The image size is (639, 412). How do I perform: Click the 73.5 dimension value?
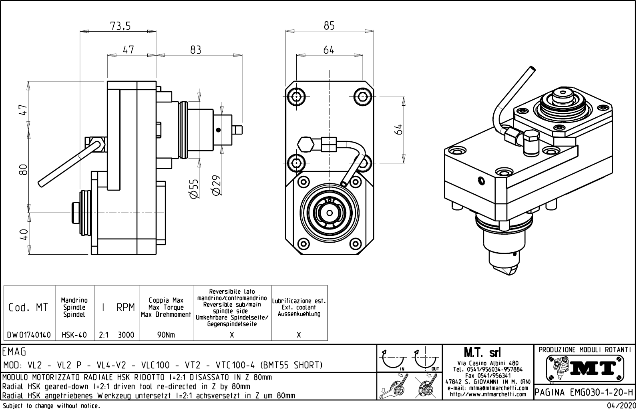coord(120,26)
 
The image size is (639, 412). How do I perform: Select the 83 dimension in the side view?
coord(195,50)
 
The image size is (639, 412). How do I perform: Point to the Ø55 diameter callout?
coord(193,189)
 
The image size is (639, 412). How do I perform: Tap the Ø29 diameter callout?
coord(216,185)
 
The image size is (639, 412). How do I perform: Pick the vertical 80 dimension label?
coord(24,170)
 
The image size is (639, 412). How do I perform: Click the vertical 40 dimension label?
coord(24,234)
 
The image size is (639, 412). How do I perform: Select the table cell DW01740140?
coord(29,335)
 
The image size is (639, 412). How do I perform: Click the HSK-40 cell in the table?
coord(74,335)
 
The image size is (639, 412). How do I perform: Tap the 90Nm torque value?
coord(166,335)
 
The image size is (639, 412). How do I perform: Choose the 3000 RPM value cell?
coord(126,335)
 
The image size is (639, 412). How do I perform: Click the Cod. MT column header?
coord(28,307)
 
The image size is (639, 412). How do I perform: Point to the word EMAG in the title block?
coord(14,352)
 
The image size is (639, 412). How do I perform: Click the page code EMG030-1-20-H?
coord(585,392)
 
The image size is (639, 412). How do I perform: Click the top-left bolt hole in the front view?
coord(296,96)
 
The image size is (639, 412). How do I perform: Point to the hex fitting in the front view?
coord(306,144)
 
